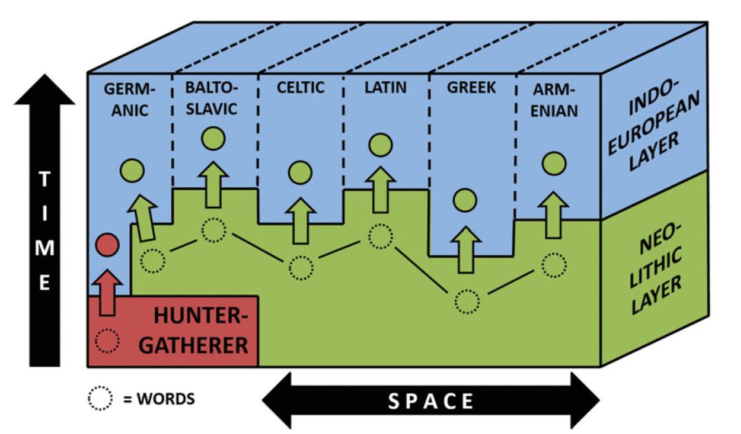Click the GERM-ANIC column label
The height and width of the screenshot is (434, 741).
tap(131, 99)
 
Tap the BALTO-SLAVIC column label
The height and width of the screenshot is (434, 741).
tap(212, 99)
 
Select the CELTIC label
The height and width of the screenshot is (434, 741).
tap(300, 87)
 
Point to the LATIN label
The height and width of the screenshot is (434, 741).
tap(385, 87)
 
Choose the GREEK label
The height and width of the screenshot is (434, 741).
tap(471, 88)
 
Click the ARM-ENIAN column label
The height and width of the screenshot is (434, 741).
tap(555, 99)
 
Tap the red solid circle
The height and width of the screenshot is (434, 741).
tap(107, 244)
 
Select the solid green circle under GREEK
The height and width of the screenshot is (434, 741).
tap(465, 200)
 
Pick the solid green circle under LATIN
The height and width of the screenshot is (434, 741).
tap(380, 145)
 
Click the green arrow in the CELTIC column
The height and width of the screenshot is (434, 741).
tap(300, 220)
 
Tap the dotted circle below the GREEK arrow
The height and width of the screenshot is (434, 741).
tap(466, 300)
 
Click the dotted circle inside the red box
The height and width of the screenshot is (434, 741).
tap(107, 340)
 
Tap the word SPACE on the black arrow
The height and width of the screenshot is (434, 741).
tap(431, 401)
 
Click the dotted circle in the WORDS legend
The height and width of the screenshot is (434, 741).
tap(100, 398)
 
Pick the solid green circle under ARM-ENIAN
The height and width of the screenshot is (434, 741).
tap(554, 163)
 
